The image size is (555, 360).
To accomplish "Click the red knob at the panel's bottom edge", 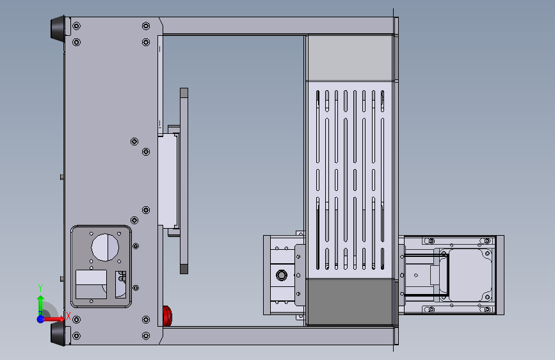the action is pos(167,316).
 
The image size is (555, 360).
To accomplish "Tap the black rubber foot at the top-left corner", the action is pos(58,28).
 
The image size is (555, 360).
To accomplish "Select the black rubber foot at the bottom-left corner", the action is pos(58,334).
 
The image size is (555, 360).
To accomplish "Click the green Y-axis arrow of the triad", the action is pos(40,304).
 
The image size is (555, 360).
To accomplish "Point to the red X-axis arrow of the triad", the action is pos(53,319).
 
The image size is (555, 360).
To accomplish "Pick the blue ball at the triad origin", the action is pos(40,319).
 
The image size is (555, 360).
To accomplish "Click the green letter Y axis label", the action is pos(40,288).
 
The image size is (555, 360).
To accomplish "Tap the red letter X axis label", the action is pos(68,315).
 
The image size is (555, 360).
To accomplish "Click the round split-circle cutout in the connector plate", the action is pos(105,247).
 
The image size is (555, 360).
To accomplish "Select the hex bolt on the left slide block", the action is pos(282,275).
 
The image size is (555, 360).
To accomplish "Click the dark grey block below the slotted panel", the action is pos(350,302).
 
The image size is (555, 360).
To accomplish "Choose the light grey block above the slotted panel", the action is pos(350,58).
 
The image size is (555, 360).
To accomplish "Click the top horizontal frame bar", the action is pos(278,26).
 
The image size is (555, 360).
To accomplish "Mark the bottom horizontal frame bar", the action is pos(278,336).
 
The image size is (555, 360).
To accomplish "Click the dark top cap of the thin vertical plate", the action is pos(184,93).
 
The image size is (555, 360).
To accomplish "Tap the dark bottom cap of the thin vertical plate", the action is pos(184,269).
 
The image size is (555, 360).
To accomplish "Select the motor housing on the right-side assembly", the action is pos(466,275).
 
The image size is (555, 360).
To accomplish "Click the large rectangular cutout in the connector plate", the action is pos(92,284).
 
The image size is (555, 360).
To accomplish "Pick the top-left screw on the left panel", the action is pos(76,26).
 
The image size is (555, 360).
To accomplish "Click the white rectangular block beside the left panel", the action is pos(168,181).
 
